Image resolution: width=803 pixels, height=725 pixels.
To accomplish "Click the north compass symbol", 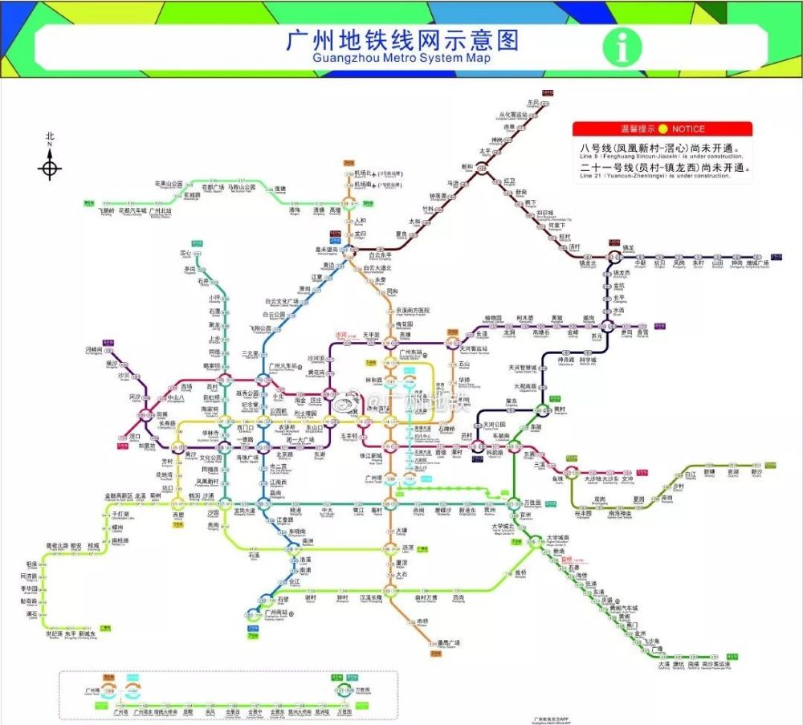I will [51, 168].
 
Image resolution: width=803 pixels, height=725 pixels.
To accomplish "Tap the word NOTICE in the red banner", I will [688, 128].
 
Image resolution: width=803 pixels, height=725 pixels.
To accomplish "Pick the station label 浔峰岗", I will [94, 350].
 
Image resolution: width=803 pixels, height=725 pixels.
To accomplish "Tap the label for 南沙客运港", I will [715, 664].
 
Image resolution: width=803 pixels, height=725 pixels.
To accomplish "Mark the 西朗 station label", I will [178, 515].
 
